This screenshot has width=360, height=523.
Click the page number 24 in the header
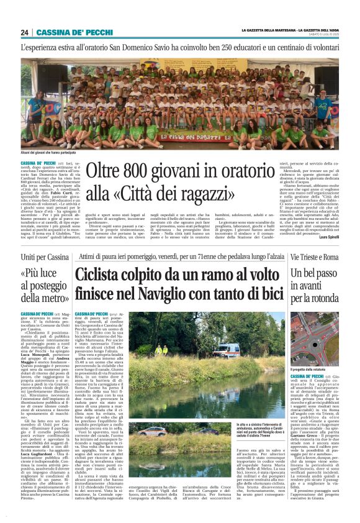(25, 32)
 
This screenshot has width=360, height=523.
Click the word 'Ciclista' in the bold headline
(104, 276)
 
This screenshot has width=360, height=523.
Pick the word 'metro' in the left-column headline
(53, 299)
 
